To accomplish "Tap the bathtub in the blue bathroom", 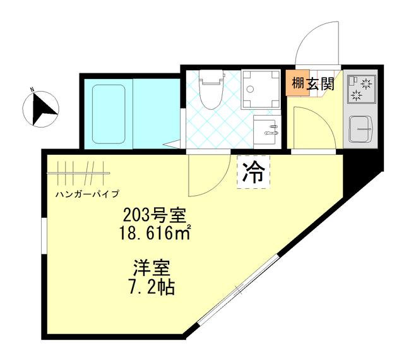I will tap(109, 112).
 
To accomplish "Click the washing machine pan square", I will tap(260, 88).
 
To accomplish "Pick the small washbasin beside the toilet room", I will tap(266, 130).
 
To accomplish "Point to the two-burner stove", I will tap(360, 90).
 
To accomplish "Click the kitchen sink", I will tap(362, 130).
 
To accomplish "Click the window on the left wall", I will tap(44, 236).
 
